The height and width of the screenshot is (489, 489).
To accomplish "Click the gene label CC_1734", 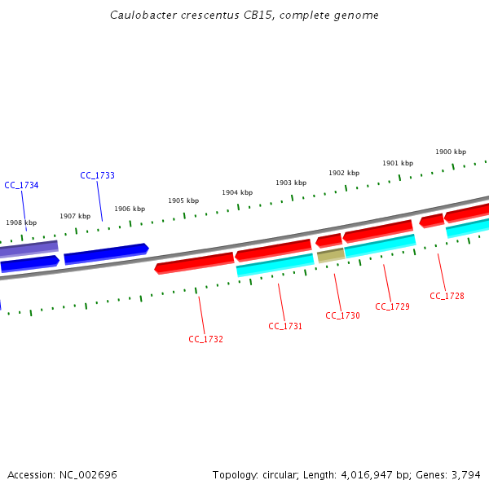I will click(21, 185).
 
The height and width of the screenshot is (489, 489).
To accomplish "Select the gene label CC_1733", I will click(97, 175).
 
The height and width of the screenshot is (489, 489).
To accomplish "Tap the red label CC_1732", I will click(205, 339).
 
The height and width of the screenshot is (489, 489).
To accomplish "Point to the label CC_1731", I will click(285, 326).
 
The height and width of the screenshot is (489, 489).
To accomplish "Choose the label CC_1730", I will click(342, 315).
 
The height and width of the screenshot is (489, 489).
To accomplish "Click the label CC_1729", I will click(392, 306).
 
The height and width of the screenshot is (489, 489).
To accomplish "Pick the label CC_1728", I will click(447, 296).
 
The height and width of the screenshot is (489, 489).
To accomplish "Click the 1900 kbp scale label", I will click(450, 152).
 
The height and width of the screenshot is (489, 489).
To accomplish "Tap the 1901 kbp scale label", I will click(398, 163).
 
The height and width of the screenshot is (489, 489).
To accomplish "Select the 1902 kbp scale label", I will click(344, 173).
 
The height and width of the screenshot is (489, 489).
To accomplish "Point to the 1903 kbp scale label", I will click(291, 183).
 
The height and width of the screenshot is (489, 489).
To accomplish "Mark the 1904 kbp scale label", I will click(237, 192).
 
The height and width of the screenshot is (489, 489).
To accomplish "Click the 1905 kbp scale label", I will click(183, 200).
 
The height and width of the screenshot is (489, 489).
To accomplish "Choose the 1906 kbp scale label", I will click(130, 209).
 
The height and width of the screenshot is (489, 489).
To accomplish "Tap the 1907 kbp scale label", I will click(75, 216).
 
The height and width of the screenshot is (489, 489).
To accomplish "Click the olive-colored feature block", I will click(330, 255).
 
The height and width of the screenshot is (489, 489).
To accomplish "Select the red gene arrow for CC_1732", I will click(195, 263).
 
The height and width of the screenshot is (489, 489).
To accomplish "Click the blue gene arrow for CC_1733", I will click(106, 253).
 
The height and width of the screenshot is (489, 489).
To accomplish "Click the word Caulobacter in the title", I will click(141, 15).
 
